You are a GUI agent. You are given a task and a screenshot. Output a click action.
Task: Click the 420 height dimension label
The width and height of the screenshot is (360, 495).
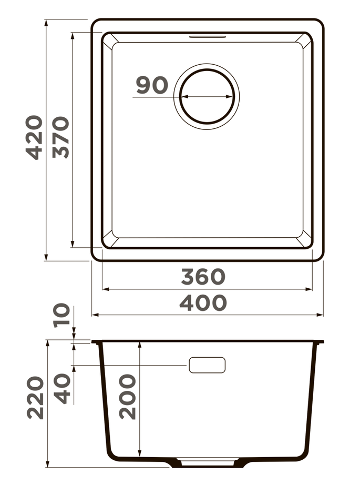35,138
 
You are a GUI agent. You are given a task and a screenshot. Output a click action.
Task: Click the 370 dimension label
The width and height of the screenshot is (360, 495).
61,138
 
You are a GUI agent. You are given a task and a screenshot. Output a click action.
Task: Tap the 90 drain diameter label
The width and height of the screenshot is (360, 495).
152,85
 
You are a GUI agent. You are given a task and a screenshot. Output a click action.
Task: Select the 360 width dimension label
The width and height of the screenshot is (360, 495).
203,277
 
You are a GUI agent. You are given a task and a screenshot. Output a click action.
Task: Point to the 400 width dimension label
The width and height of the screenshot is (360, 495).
203,303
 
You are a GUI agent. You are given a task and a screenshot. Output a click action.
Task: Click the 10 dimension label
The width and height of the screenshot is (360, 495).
62,316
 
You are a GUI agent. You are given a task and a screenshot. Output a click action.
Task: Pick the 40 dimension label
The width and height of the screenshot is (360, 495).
63,388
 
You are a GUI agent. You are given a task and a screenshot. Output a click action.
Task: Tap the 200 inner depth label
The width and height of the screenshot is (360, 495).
128,397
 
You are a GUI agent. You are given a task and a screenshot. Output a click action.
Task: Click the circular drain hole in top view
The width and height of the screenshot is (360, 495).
207,97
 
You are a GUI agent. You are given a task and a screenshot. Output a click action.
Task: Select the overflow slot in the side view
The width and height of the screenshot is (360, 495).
207,365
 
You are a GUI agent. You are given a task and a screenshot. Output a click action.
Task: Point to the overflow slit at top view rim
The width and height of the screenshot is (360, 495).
207,37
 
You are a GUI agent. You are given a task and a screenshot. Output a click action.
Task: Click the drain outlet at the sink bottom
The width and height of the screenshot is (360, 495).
207,463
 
